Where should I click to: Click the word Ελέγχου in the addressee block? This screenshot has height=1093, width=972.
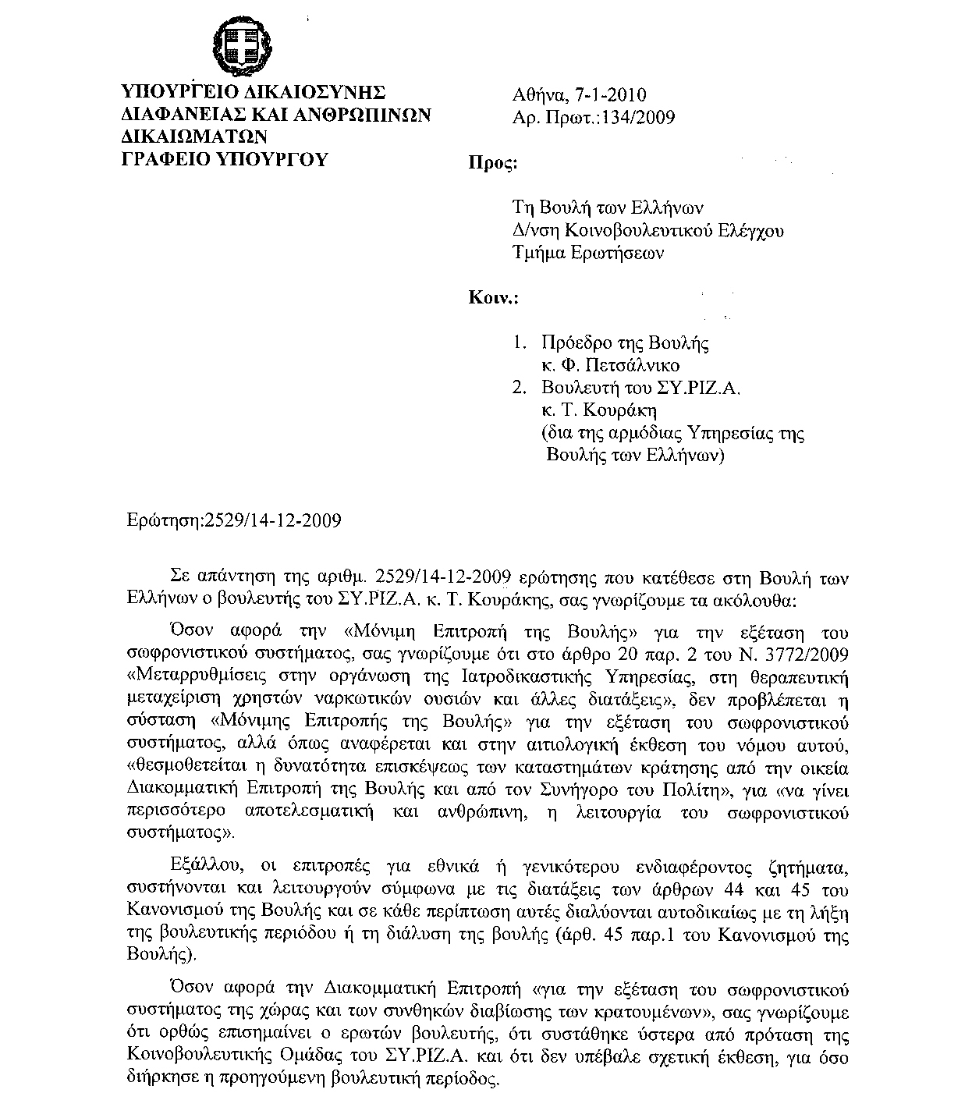click(752, 230)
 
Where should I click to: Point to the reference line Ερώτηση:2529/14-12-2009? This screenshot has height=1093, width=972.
click(234, 520)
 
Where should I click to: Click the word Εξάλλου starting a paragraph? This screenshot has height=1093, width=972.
click(204, 866)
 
